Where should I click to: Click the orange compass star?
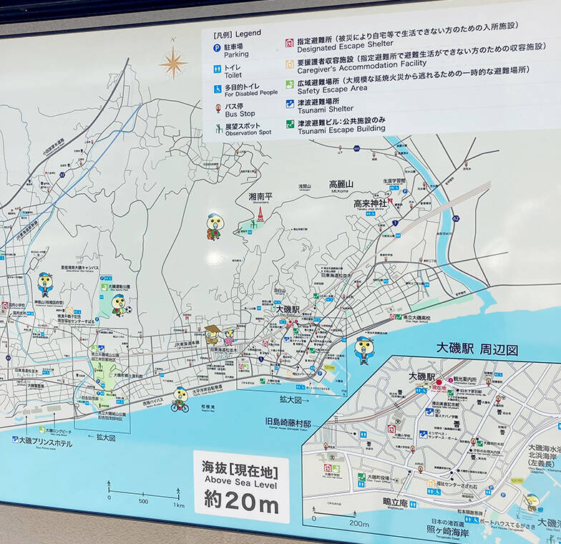pyautogui.click(x=173, y=62)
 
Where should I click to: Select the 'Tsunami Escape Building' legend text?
pyautogui.click(x=341, y=129)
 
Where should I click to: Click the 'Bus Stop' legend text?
pyautogui.click(x=240, y=114)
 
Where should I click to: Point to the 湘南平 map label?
pyautogui.click(x=260, y=196)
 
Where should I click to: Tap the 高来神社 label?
pyautogui.click(x=369, y=203)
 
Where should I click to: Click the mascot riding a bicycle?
pyautogui.click(x=180, y=399)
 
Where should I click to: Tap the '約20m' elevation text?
pyautogui.click(x=240, y=500)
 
